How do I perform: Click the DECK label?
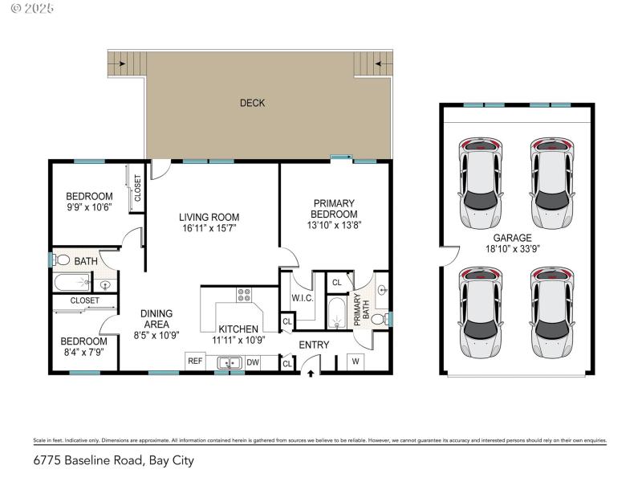click(x=252, y=103)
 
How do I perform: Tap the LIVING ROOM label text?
click(x=209, y=217)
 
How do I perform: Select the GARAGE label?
click(x=512, y=238)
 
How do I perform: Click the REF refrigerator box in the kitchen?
click(x=195, y=361)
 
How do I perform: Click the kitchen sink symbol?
click(x=230, y=363)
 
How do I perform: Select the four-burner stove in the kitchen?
click(x=243, y=295)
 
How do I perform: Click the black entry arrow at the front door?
click(x=312, y=372)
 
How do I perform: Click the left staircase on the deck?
click(x=126, y=63)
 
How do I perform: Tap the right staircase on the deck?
click(x=373, y=62)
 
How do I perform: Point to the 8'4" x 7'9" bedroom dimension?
click(x=83, y=351)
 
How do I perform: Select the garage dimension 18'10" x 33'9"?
click(x=513, y=249)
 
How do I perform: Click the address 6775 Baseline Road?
click(x=87, y=460)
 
